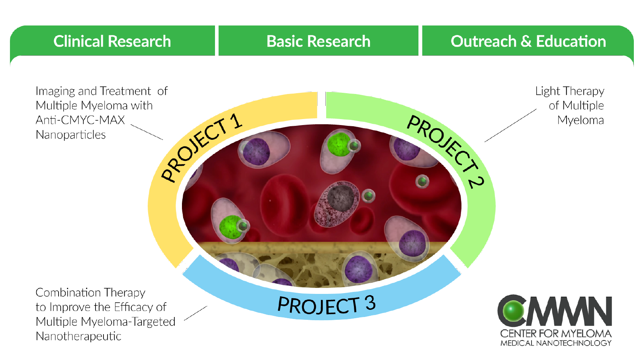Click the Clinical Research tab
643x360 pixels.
click(x=112, y=41)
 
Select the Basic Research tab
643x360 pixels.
click(x=318, y=41)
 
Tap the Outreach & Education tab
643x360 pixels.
click(x=528, y=41)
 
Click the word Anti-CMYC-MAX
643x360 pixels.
click(x=80, y=120)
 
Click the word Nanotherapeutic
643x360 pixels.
click(x=78, y=337)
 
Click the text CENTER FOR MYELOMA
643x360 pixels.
click(x=556, y=333)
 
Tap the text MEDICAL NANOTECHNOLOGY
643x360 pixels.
click(x=556, y=343)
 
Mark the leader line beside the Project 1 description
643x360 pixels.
click(x=147, y=132)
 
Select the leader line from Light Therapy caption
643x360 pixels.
click(x=510, y=125)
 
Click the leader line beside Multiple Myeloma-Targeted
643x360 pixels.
click(x=195, y=313)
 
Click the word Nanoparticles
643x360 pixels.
click(x=70, y=135)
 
